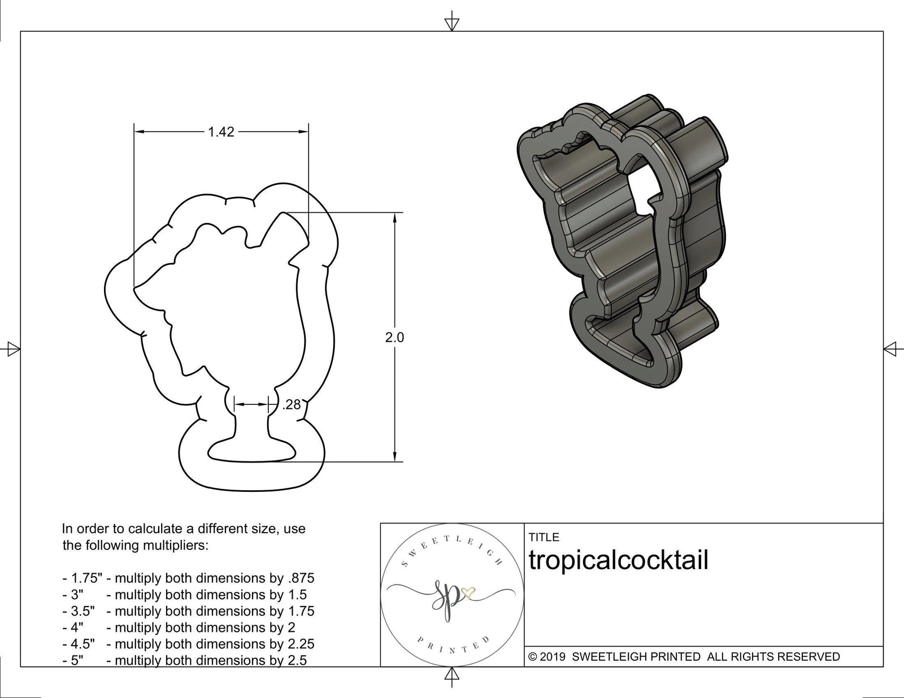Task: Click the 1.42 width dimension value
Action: tap(221, 132)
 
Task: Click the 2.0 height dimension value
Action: tap(394, 337)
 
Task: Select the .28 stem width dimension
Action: tap(291, 404)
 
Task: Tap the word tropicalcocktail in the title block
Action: tap(618, 560)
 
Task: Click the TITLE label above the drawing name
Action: tap(544, 537)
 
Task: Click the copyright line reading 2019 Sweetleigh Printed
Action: tap(684, 656)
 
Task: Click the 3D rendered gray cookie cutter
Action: tap(621, 243)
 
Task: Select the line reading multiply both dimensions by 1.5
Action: tap(210, 595)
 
